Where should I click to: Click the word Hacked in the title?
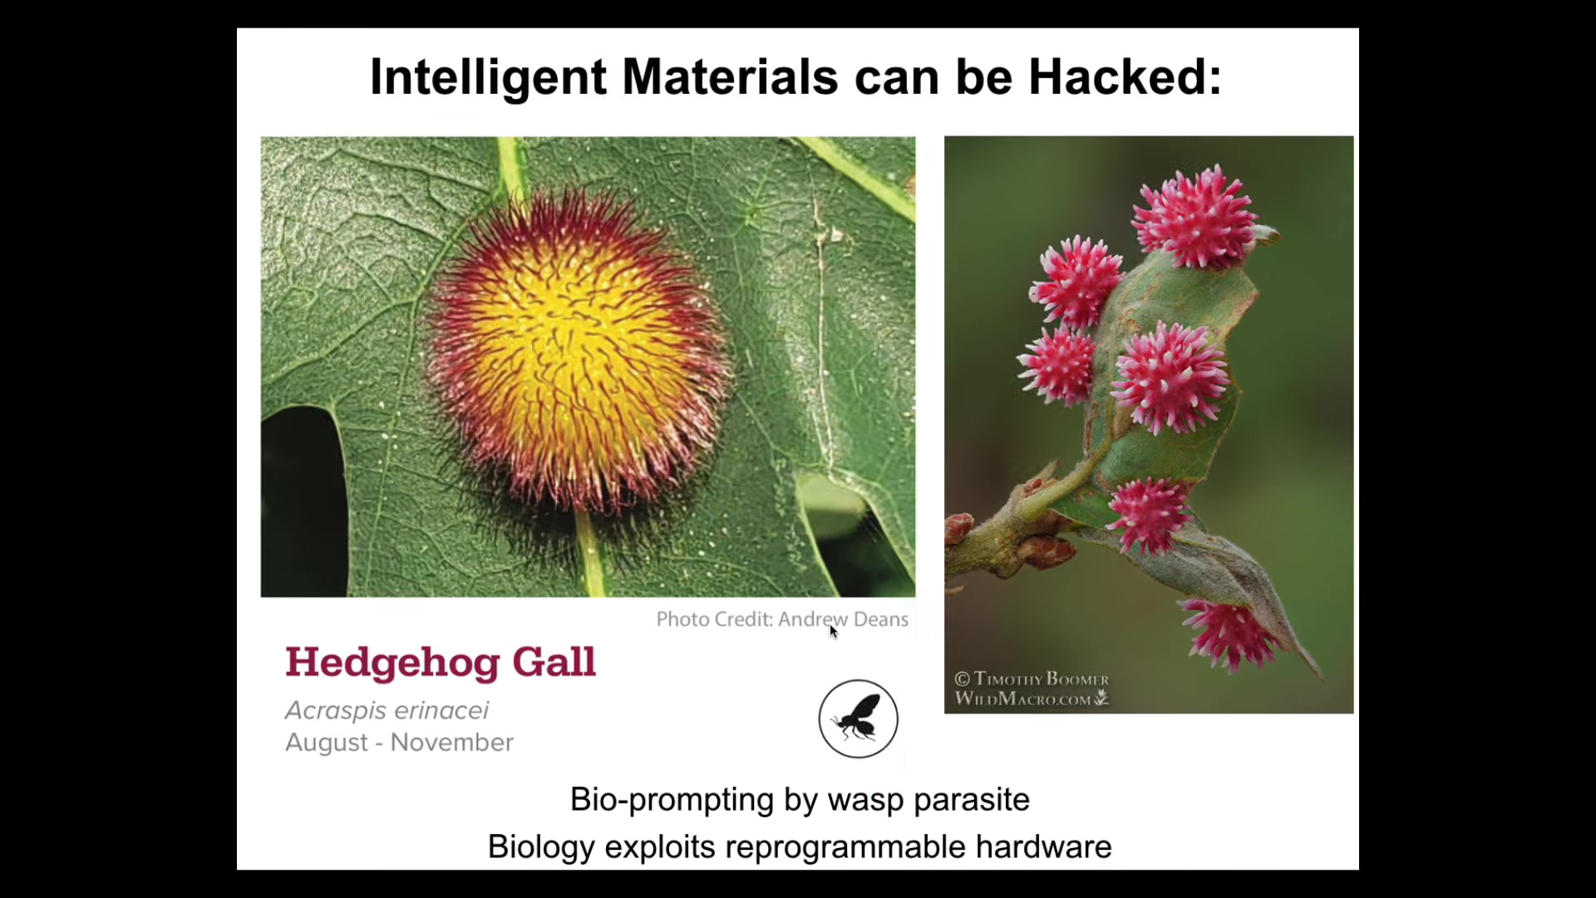1125,77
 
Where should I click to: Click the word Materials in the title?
731,77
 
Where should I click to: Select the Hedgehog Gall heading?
441,663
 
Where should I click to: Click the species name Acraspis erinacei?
387,710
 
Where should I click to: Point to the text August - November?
399,743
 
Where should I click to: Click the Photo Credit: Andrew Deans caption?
782,619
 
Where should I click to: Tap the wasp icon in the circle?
858,719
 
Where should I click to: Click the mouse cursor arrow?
833,631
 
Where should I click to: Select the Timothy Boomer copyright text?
1032,678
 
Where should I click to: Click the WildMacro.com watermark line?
1032,698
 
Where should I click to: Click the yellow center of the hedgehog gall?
574,349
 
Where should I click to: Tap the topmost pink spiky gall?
1195,216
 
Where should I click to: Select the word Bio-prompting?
672,801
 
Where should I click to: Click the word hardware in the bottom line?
1044,846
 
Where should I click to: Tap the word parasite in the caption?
972,801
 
